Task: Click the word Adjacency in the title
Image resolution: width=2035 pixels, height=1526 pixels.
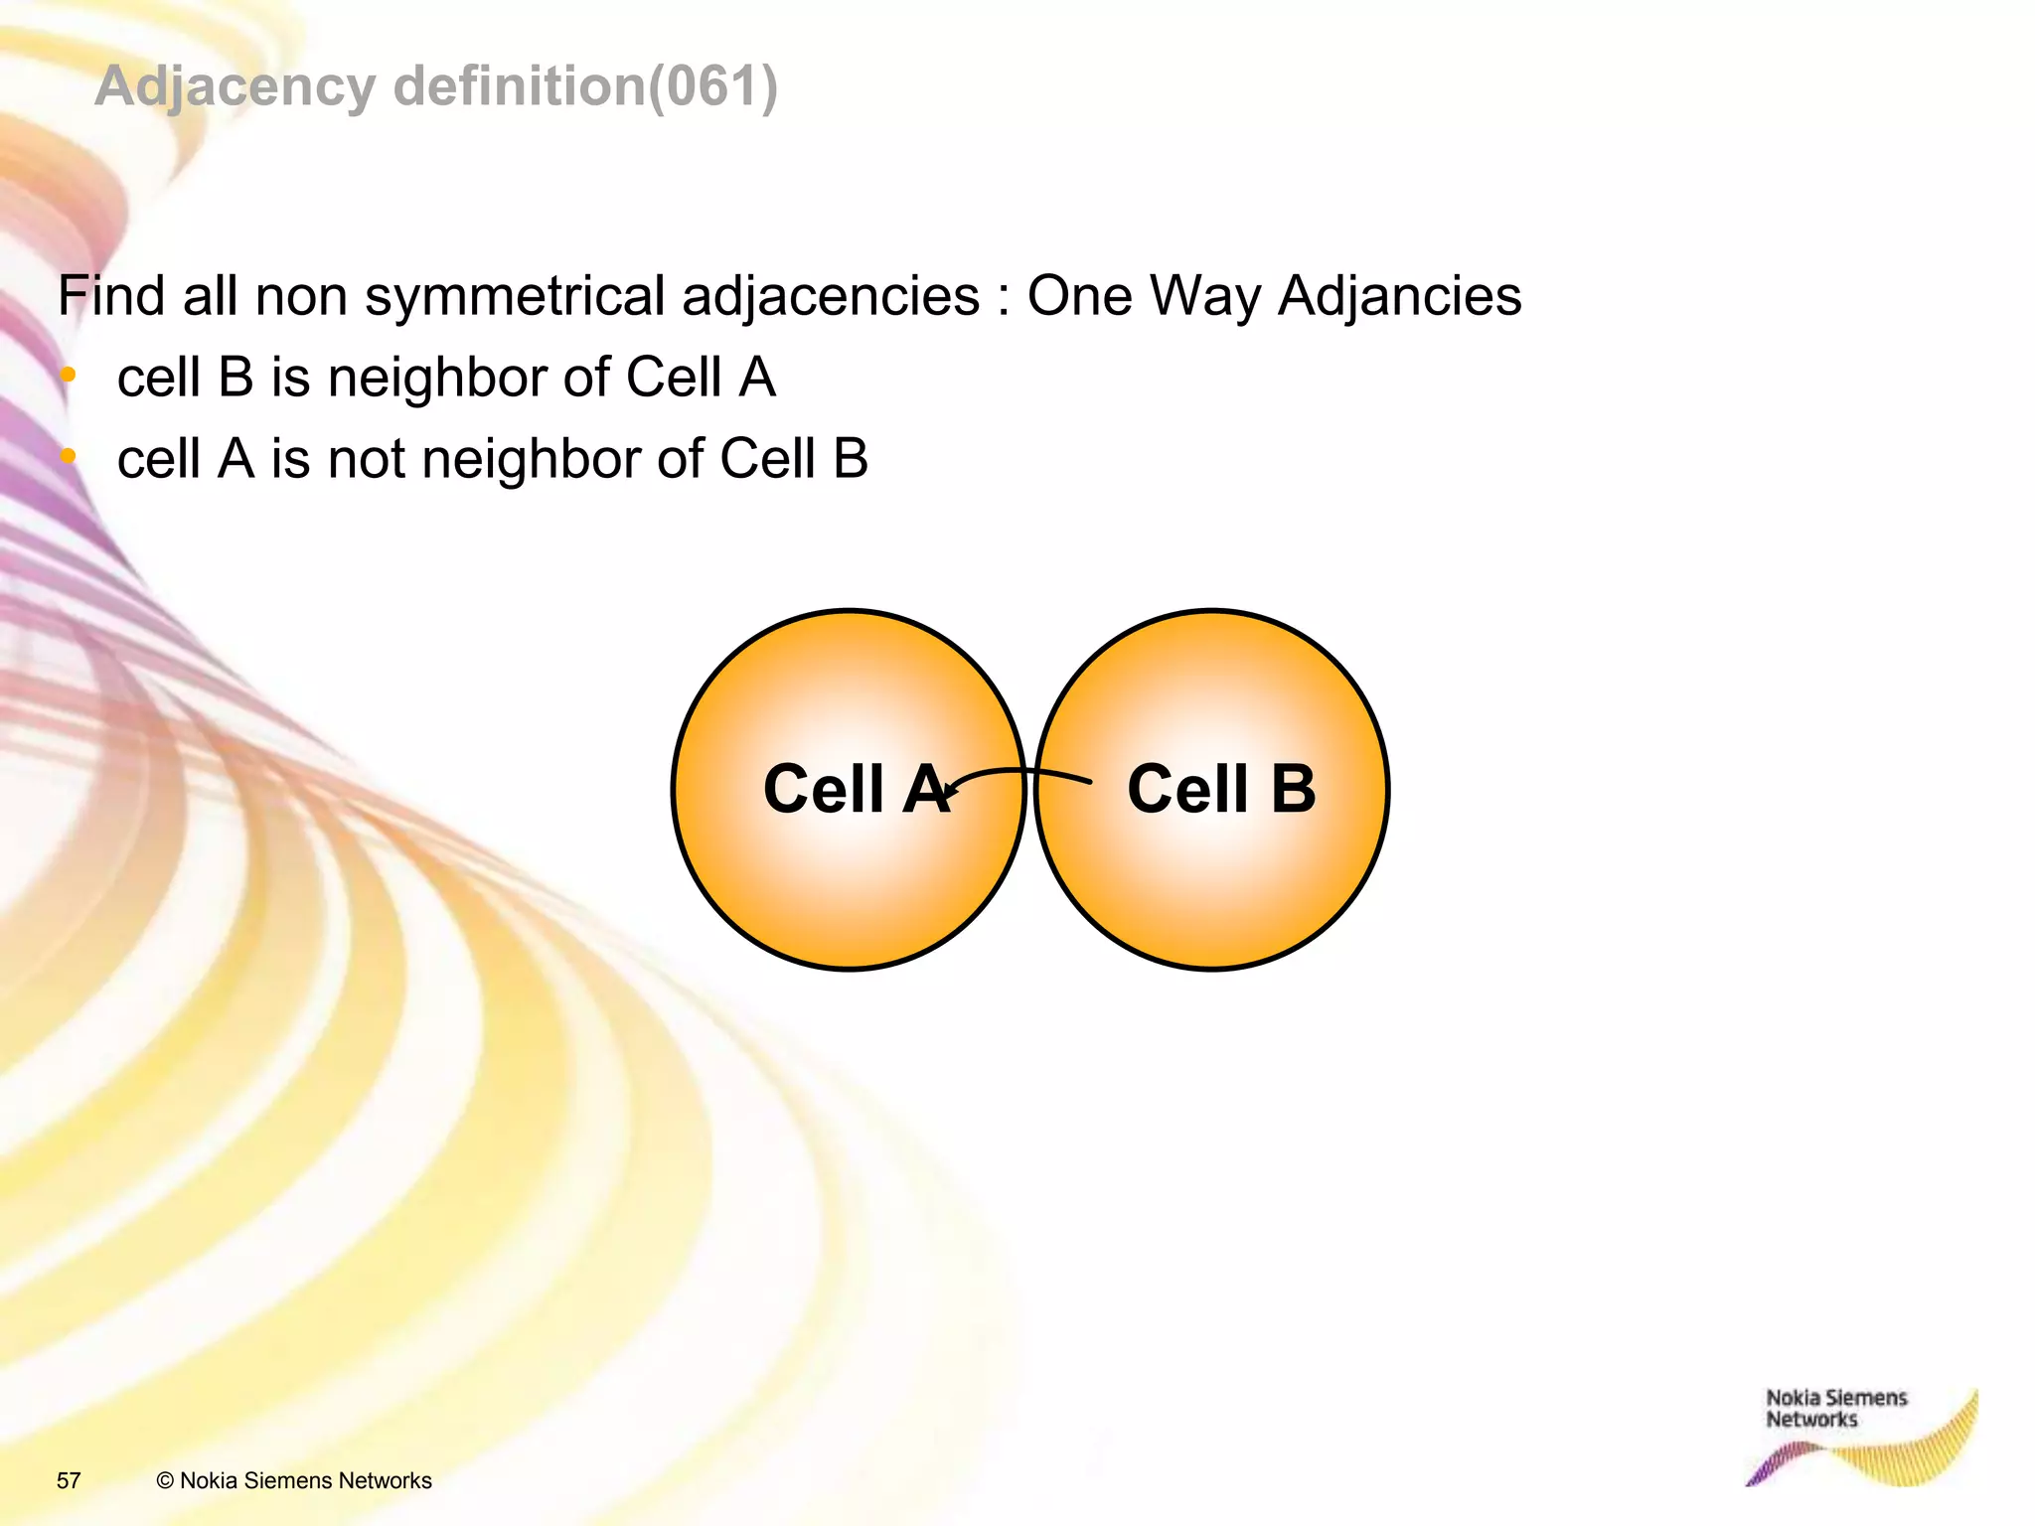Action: coord(235,86)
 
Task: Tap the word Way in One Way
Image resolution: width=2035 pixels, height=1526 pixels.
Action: coord(1204,296)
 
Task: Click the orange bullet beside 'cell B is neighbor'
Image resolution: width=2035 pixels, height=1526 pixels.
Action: coord(68,376)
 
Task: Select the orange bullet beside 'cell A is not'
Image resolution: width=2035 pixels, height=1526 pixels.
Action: coord(68,457)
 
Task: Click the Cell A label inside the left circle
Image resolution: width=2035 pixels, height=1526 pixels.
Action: coord(854,789)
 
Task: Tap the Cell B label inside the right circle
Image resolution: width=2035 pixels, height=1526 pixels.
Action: coord(1221,789)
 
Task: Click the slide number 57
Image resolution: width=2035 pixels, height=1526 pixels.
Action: coord(69,1480)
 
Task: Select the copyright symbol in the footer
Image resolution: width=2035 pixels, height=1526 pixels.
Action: coord(165,1480)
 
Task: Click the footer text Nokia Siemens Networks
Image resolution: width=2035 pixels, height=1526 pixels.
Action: coord(306,1480)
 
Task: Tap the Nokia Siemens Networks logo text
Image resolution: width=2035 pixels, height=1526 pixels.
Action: coord(1835,1409)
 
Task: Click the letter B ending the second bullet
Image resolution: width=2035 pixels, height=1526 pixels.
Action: coord(851,459)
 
